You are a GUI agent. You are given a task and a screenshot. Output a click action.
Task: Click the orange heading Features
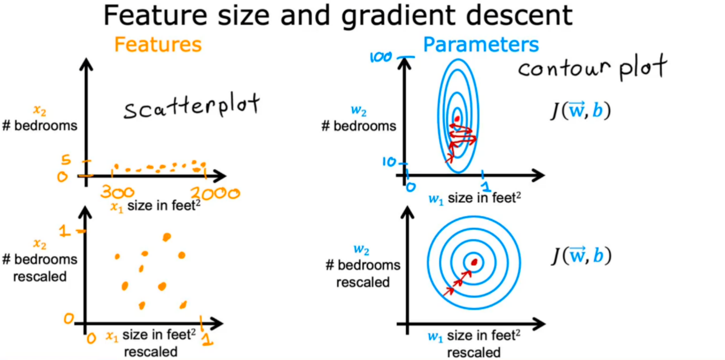(x=158, y=44)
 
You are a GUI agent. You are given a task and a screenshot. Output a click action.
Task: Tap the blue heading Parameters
(x=481, y=44)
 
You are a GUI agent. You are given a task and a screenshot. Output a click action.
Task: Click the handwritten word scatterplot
(x=192, y=106)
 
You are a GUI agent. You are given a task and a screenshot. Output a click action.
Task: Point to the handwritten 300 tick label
(x=117, y=192)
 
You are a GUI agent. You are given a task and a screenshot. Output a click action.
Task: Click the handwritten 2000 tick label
(x=215, y=193)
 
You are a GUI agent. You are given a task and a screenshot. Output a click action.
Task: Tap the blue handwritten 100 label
(x=380, y=57)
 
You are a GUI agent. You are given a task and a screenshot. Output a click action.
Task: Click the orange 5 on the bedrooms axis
(x=66, y=159)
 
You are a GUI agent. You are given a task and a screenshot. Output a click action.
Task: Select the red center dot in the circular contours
(x=474, y=262)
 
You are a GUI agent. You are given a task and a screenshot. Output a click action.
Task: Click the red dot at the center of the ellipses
(x=457, y=119)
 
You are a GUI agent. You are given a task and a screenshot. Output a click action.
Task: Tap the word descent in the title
(x=519, y=15)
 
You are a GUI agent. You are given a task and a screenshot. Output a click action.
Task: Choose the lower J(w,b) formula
(x=581, y=255)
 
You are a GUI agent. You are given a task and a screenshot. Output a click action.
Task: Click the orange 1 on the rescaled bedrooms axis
(x=64, y=231)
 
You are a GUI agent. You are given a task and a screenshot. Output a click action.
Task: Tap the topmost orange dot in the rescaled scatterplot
(x=167, y=237)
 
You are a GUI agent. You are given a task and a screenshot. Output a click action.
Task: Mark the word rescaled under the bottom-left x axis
(x=151, y=352)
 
